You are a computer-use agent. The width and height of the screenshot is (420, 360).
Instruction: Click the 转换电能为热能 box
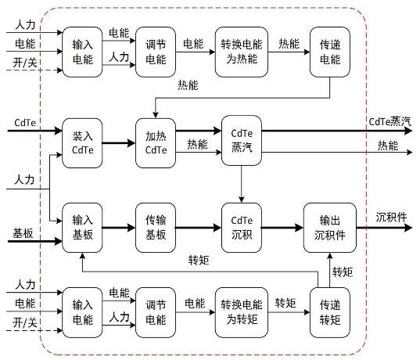pos(242,52)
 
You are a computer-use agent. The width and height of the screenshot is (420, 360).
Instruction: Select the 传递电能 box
pos(330,52)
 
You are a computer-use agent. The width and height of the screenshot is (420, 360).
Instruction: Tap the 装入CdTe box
pos(82,143)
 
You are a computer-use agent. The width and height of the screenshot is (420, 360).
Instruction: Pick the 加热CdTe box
pos(156,143)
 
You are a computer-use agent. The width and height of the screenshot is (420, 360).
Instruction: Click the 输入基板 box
pos(82,228)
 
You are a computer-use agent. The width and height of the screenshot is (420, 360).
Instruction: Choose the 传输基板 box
pos(156,228)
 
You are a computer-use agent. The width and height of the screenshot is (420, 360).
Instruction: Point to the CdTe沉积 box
pos(242,228)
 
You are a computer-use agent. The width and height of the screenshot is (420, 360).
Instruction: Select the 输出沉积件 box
pos(330,228)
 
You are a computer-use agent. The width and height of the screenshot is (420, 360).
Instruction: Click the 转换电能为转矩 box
pos(242,312)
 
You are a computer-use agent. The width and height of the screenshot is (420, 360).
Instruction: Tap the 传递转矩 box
pos(330,312)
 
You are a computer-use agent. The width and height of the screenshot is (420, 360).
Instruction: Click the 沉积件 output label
pos(391,217)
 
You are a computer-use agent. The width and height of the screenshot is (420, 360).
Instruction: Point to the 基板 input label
pos(23,233)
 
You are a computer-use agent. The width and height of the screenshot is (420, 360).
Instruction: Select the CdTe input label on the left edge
pos(25,123)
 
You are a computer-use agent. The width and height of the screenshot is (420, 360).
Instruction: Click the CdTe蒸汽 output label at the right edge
pos(389,122)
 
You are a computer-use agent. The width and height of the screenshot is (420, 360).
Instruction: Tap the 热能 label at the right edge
pos(388,146)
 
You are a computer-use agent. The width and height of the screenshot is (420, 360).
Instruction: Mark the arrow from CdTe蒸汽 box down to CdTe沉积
pos(242,184)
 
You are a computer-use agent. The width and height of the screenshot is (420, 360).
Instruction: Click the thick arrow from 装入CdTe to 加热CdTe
pos(119,143)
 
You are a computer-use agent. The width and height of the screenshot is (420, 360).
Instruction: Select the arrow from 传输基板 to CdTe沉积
pos(199,228)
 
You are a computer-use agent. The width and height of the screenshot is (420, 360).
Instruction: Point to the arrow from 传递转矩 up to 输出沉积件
pos(330,270)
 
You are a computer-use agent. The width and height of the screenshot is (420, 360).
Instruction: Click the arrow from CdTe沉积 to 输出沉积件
pos(282,228)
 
